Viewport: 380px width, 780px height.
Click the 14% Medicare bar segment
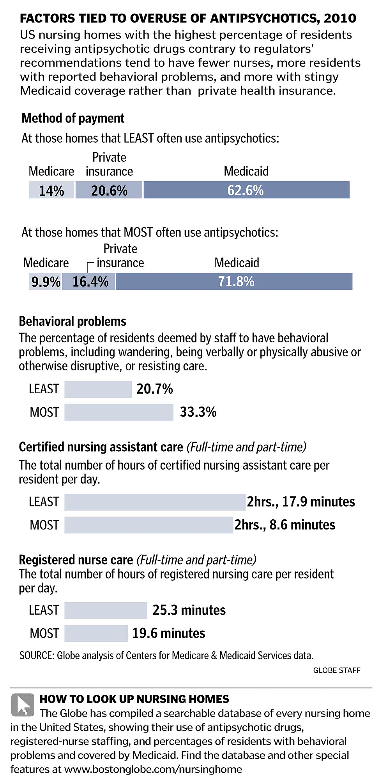(x=51, y=190)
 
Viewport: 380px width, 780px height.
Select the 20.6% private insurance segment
(x=109, y=190)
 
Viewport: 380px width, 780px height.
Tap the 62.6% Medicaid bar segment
(x=246, y=190)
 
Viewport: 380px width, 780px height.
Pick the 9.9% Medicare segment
(x=45, y=282)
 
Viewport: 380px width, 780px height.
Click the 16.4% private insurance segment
(x=89, y=282)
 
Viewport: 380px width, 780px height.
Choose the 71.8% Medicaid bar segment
(x=234, y=282)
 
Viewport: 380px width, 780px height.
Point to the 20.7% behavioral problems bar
(x=98, y=389)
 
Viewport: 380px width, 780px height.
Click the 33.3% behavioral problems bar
(x=118, y=412)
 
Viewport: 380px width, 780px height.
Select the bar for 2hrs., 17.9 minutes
(x=155, y=502)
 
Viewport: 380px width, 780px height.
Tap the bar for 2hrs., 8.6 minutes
(x=148, y=525)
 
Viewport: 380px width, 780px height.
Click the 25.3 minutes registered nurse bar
(x=105, y=610)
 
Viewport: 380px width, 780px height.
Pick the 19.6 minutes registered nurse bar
(x=96, y=633)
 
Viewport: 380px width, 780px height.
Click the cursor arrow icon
(x=23, y=705)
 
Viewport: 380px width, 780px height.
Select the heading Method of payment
(x=73, y=118)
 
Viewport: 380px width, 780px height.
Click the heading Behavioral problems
(x=72, y=321)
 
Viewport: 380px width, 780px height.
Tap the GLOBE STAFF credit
(x=336, y=670)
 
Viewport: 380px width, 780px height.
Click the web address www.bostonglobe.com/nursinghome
(x=153, y=769)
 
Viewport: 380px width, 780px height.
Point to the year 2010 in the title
(x=340, y=18)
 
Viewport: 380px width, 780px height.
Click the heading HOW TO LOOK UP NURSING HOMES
(x=134, y=699)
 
